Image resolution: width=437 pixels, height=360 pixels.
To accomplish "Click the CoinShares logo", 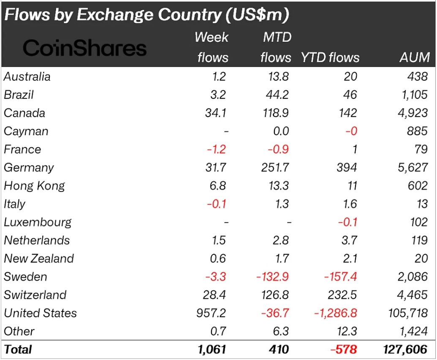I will [84, 48].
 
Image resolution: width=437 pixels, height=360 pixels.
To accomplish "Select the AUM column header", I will [414, 57].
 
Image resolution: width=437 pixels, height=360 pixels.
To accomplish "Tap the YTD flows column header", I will [330, 57].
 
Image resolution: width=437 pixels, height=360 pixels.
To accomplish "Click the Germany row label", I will [29, 168].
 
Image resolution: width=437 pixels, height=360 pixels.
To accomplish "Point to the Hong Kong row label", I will [34, 186].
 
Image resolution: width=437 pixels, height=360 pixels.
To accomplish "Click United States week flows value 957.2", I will [209, 313].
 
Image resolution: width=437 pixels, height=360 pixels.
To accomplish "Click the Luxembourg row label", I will [38, 222].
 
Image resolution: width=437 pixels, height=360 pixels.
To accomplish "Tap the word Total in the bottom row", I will [18, 349].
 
